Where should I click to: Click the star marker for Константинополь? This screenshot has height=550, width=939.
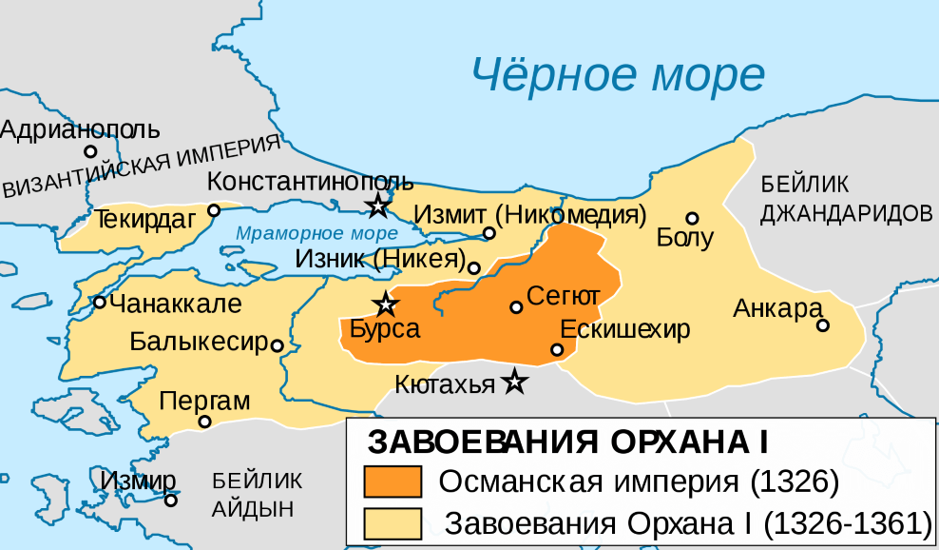(x=378, y=205)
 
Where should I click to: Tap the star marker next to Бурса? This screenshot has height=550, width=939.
(x=385, y=304)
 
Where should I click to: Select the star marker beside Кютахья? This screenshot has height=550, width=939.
(x=514, y=382)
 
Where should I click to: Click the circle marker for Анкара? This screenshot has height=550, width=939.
(x=823, y=325)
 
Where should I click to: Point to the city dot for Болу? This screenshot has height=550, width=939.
(x=692, y=218)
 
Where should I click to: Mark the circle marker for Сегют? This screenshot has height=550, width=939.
(x=516, y=307)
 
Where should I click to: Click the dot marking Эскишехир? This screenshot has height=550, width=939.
(x=557, y=349)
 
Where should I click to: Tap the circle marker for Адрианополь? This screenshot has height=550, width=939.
(x=90, y=150)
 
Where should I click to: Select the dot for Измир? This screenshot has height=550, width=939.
(x=171, y=501)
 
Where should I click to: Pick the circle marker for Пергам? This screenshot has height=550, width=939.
(x=203, y=422)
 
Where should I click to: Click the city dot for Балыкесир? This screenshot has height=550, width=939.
(x=277, y=345)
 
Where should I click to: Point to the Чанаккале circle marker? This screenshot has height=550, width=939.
(x=99, y=303)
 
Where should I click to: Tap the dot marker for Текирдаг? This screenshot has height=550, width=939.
(x=214, y=209)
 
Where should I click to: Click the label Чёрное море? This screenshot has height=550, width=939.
(x=619, y=71)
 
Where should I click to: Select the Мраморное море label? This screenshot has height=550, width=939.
(x=316, y=233)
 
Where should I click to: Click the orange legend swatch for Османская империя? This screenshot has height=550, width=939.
(x=393, y=482)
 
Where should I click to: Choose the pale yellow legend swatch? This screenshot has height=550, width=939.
(x=393, y=522)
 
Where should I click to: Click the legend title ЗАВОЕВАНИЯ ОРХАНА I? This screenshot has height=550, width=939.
(x=566, y=443)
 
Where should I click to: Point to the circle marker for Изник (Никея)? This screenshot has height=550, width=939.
(x=474, y=268)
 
